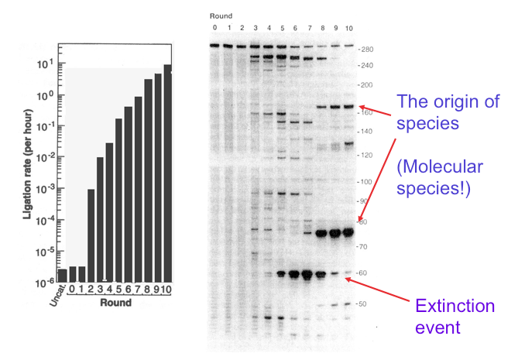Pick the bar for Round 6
tap(128, 194)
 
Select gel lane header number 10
tap(348, 28)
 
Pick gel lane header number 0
tap(215, 28)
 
